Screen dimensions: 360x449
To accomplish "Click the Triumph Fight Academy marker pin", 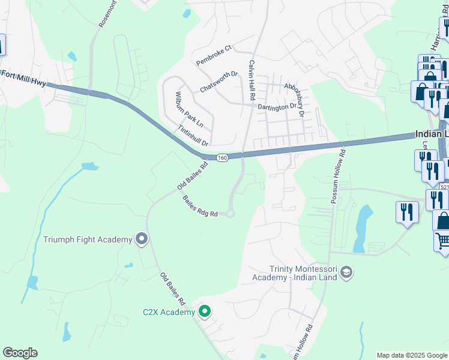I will [142, 239].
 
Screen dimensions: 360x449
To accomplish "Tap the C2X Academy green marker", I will [205, 311].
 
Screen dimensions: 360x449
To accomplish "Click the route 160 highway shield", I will [222, 158].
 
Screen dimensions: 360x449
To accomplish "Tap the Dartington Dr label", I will [277, 107].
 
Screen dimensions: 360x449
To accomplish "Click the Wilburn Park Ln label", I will [186, 109].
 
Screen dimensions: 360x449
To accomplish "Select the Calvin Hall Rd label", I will [252, 80].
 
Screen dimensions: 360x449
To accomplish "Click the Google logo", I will [20, 353].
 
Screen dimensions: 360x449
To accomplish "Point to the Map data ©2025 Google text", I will [412, 355].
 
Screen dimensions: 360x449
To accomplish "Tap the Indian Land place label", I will [432, 136].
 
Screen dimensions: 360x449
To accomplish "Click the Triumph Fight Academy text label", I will [88, 240].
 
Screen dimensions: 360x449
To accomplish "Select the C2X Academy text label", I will [169, 312].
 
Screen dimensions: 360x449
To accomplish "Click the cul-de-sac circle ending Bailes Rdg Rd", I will [231, 214].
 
